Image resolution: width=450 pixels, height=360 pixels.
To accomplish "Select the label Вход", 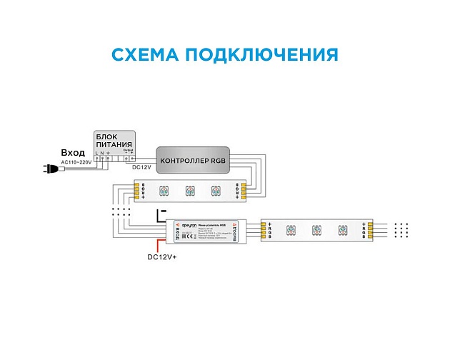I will point(73,153).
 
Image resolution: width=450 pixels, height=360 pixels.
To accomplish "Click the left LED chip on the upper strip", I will point(163,191).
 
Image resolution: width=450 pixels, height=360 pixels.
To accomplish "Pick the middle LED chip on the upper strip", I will point(190,191).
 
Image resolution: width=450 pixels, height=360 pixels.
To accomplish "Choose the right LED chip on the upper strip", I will point(216,191).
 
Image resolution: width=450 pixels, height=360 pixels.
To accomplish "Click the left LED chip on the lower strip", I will point(290,231).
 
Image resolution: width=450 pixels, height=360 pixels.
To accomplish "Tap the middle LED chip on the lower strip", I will point(316,231).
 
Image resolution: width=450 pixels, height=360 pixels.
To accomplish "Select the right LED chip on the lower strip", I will point(343,231).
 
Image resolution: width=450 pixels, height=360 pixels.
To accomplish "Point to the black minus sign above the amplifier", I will point(162,211).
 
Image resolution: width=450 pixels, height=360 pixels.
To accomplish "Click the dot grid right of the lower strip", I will point(401,230).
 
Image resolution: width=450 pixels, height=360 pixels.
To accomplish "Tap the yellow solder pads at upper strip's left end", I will point(136,191).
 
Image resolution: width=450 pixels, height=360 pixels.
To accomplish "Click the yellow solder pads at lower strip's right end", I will point(369,230).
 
